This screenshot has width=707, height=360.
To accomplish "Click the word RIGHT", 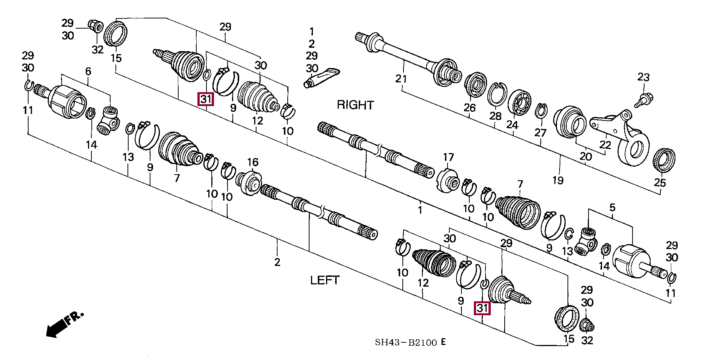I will [x=355, y=105].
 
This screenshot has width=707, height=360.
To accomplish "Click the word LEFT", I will [x=325, y=280].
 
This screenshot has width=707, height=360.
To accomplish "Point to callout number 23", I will [x=643, y=77].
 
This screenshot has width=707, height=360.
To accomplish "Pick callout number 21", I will [x=401, y=79].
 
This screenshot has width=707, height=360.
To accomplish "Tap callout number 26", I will [x=469, y=108].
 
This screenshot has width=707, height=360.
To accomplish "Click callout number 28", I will [x=495, y=116].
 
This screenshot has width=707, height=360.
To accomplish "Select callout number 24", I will [x=512, y=125].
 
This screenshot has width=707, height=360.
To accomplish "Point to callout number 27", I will [x=540, y=133].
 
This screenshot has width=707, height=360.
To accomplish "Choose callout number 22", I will [x=605, y=145].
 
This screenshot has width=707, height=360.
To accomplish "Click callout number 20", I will [x=586, y=156].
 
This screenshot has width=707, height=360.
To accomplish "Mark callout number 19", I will [x=558, y=181].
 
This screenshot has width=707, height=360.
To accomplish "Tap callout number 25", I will [x=660, y=183].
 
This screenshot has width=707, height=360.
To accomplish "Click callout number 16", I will [x=253, y=162].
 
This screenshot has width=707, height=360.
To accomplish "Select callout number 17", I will [x=448, y=157].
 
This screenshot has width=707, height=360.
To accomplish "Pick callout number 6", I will [x=88, y=71].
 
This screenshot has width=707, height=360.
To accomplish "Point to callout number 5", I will [x=612, y=208].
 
